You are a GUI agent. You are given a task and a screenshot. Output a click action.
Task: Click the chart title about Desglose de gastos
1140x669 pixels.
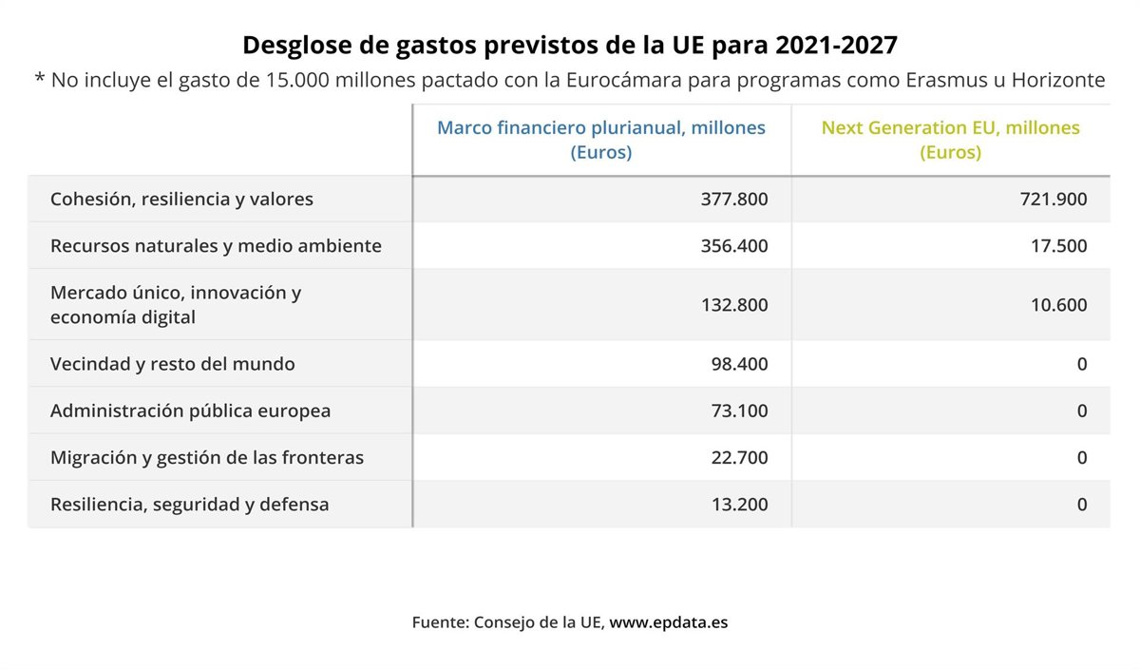click(x=570, y=45)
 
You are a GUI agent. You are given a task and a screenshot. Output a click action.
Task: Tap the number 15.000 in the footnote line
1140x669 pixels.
click(x=283, y=80)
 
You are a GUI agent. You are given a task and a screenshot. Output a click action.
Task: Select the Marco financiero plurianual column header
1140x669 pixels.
click(x=600, y=140)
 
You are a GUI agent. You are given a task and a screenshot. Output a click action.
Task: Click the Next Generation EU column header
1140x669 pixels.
click(x=950, y=140)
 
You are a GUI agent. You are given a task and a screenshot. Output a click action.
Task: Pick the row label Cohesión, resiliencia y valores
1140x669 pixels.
click(x=181, y=200)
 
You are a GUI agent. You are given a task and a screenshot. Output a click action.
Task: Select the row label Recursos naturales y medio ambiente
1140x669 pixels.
click(x=216, y=246)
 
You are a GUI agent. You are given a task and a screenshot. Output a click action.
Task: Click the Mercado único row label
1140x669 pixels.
click(x=176, y=305)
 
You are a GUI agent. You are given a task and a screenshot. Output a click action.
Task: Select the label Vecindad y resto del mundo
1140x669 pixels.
click(x=172, y=364)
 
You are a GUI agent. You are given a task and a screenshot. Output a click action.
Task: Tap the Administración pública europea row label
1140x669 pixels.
click(x=190, y=411)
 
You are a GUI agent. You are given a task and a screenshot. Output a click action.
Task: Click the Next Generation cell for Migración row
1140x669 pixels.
click(x=1081, y=458)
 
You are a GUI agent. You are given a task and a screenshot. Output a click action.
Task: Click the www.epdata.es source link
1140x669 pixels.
click(x=669, y=623)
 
